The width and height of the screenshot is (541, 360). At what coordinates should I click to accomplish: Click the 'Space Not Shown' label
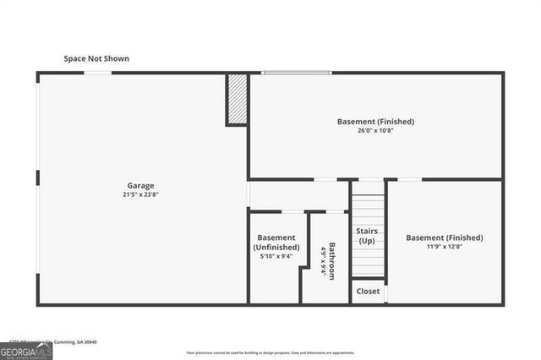(x=96, y=58)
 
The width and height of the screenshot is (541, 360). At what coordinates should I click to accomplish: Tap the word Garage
(x=140, y=185)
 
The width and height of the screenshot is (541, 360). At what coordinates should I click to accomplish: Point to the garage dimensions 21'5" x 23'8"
(x=140, y=194)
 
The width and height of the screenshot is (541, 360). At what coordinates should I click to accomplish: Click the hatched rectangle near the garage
(x=238, y=99)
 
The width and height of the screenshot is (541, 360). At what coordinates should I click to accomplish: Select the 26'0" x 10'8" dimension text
(x=375, y=131)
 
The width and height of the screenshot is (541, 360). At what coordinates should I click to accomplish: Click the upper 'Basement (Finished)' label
(x=375, y=122)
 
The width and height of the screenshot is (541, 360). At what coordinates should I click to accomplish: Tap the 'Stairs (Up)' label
(x=367, y=236)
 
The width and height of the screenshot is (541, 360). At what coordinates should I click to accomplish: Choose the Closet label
(x=368, y=291)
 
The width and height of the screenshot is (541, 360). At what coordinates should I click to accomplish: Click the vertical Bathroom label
(x=332, y=260)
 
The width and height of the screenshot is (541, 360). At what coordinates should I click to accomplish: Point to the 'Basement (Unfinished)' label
(x=276, y=243)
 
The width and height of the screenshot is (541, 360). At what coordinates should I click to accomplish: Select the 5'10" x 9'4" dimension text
(x=276, y=257)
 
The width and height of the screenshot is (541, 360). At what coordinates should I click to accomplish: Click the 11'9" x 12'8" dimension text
(x=445, y=247)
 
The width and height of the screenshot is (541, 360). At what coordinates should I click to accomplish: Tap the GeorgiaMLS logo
(x=26, y=351)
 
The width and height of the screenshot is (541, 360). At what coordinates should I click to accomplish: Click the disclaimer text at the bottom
(x=270, y=352)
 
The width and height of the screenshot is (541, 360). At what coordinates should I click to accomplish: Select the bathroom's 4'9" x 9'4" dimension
(x=322, y=260)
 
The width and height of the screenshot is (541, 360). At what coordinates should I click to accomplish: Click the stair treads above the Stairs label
(x=368, y=208)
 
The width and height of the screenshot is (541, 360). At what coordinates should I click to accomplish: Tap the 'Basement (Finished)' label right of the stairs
(x=445, y=237)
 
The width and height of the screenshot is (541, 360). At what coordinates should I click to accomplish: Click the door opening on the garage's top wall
(x=97, y=73)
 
